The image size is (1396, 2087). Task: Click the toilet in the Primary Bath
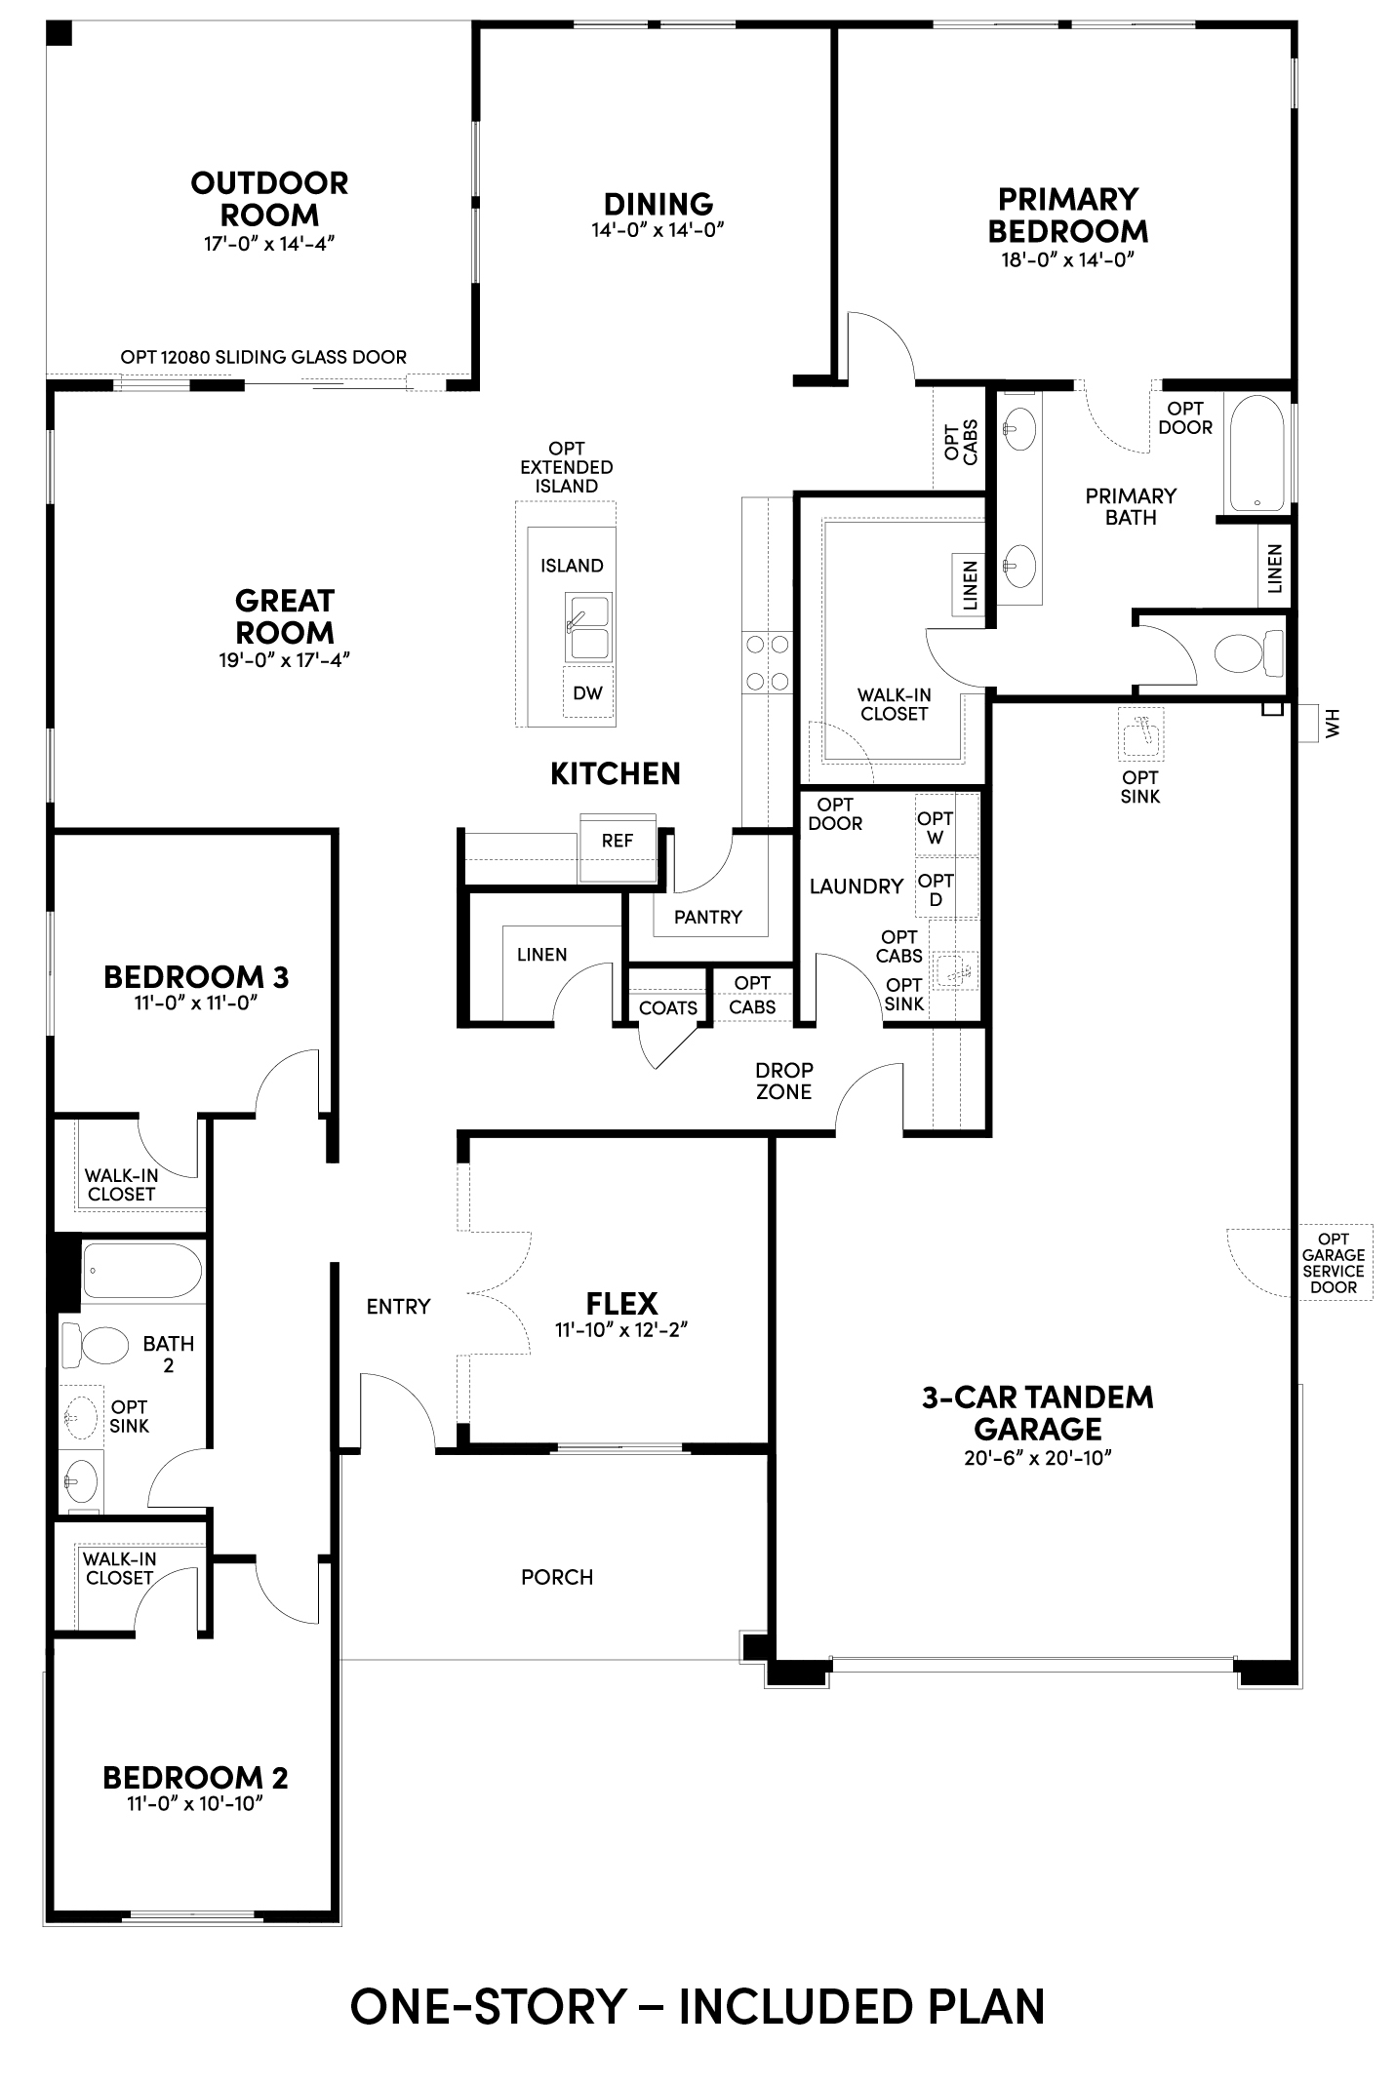click(1249, 653)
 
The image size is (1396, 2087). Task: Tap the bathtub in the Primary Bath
click(1257, 453)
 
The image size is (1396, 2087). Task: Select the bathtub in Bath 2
click(141, 1271)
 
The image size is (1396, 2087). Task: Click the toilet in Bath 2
click(96, 1346)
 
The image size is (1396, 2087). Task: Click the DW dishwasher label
click(587, 693)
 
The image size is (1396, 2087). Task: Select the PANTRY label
click(708, 917)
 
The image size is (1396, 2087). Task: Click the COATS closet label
click(668, 1007)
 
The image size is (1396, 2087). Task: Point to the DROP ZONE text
click(784, 1081)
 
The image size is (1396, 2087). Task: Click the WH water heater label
click(1334, 723)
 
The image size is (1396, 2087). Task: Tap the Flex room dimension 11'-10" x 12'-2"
click(622, 1329)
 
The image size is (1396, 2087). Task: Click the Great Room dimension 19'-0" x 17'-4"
click(284, 660)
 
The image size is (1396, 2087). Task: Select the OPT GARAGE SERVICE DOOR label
click(1334, 1263)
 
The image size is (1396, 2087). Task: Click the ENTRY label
click(398, 1307)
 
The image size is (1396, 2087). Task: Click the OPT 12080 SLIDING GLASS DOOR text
click(263, 357)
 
